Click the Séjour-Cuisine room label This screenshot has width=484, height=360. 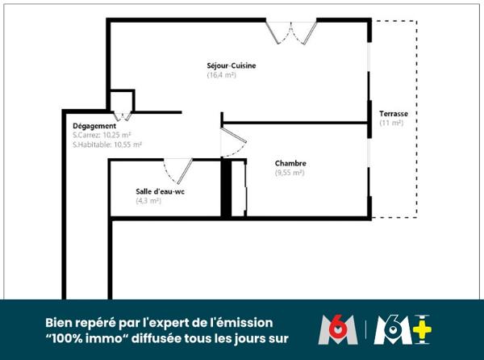click(x=232, y=65)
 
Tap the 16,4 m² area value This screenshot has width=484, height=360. click(x=222, y=75)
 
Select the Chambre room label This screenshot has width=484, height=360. click(x=290, y=163)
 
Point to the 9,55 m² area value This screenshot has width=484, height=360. click(x=290, y=173)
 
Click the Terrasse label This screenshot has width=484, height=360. click(x=394, y=114)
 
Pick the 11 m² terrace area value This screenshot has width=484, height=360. click(x=391, y=123)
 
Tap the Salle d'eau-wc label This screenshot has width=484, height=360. click(x=161, y=191)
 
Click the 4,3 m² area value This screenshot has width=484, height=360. click(x=148, y=201)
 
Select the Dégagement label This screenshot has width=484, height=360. click(x=94, y=126)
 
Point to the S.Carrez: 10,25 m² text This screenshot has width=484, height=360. click(x=102, y=135)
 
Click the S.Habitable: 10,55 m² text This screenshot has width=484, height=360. click(x=107, y=144)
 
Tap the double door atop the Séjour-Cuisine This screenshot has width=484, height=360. click(x=291, y=32)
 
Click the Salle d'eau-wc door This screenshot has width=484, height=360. click(x=178, y=171)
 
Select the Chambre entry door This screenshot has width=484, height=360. click(x=234, y=142)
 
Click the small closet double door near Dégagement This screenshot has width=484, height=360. click(x=123, y=116)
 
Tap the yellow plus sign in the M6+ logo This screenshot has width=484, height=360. click(x=422, y=330)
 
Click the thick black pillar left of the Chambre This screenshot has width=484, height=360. click(x=226, y=189)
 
